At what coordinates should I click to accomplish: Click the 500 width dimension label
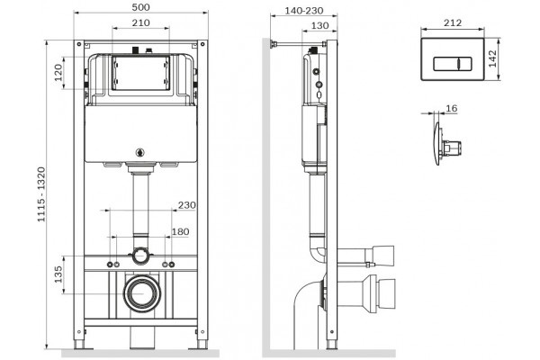pyautogui.click(x=141, y=7)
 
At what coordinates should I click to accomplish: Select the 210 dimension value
pyautogui.click(x=141, y=22)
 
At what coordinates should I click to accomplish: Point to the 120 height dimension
pyautogui.click(x=58, y=72)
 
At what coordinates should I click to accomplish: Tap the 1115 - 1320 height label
pyautogui.click(x=41, y=194)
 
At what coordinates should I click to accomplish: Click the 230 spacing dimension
pyautogui.click(x=186, y=205)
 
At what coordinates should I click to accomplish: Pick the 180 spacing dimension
pyautogui.click(x=181, y=232)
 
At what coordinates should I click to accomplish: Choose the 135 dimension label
pyautogui.click(x=58, y=274)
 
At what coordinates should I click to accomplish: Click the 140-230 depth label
pyautogui.click(x=304, y=11)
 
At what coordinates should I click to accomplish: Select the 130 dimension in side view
pyautogui.click(x=319, y=26)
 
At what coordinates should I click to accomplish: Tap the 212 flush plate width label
pyautogui.click(x=453, y=22)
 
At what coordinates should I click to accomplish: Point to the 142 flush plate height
pyautogui.click(x=492, y=58)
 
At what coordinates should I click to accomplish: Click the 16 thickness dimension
pyautogui.click(x=451, y=109)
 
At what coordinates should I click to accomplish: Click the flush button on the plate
pyautogui.click(x=452, y=64)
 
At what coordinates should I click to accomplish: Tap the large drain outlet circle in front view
pyautogui.click(x=141, y=293)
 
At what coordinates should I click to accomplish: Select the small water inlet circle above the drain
pyautogui.click(x=139, y=256)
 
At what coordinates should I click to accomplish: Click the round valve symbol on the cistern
pyautogui.click(x=140, y=152)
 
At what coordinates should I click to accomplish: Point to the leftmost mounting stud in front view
pyautogui.click(x=110, y=265)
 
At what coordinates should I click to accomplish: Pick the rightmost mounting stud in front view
pyautogui.click(x=172, y=265)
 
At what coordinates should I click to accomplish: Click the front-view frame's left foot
pyautogui.click(x=78, y=344)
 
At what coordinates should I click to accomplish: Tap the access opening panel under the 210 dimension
pyautogui.click(x=141, y=73)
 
